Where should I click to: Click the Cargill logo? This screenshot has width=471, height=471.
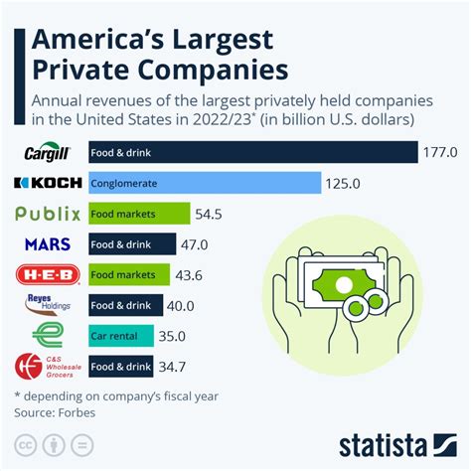[x=49, y=153]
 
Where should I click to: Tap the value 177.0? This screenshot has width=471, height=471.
[x=440, y=153]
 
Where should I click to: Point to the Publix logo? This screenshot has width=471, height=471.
[x=49, y=214]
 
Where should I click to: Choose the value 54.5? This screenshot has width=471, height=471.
[x=210, y=214]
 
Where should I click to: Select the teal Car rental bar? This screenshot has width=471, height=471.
[x=120, y=336]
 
